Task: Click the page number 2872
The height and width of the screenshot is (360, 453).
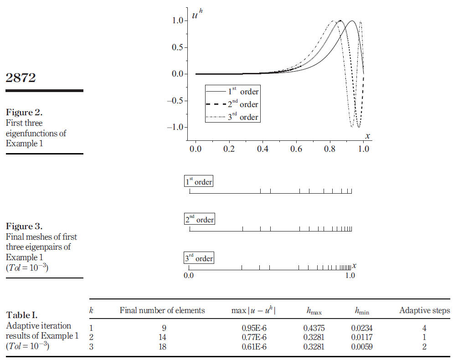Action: pos(21,78)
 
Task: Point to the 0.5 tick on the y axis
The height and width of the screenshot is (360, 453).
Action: pos(178,47)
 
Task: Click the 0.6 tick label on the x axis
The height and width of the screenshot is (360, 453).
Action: pos(296,149)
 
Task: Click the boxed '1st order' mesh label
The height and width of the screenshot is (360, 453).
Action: pos(198,181)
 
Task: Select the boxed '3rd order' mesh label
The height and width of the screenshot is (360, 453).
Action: pos(199,258)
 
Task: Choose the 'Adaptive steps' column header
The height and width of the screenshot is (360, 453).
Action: pos(424,311)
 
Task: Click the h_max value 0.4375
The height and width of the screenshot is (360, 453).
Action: pos(312,327)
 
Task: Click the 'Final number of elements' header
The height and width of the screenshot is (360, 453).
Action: pos(162,311)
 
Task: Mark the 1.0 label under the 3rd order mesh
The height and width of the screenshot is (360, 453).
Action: pos(350,275)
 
